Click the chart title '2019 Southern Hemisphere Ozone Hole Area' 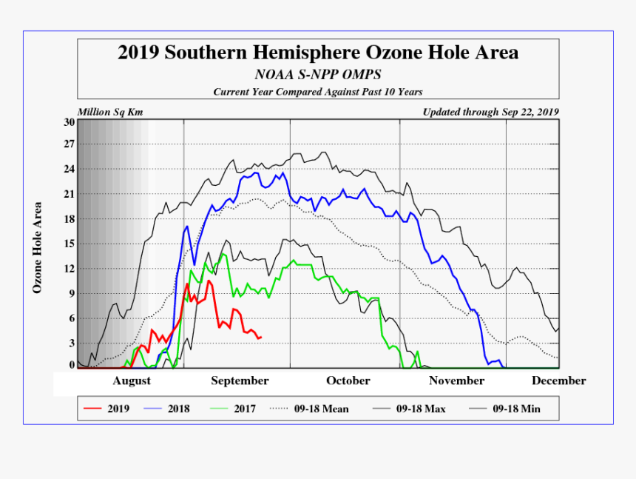[318, 53]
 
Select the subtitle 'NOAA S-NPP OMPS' [318, 75]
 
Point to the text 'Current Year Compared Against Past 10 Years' [318, 92]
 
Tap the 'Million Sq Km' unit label [110, 113]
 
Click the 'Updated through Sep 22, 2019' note [490, 113]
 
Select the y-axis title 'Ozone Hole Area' [37, 247]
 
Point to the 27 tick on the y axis [70, 144]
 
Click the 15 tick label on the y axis [70, 244]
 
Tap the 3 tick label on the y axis [72, 343]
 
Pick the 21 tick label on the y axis [70, 194]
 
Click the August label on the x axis [132, 381]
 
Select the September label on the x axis [240, 381]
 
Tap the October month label [348, 381]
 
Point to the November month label [456, 381]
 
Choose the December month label [558, 381]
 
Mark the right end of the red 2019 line [261, 337]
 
